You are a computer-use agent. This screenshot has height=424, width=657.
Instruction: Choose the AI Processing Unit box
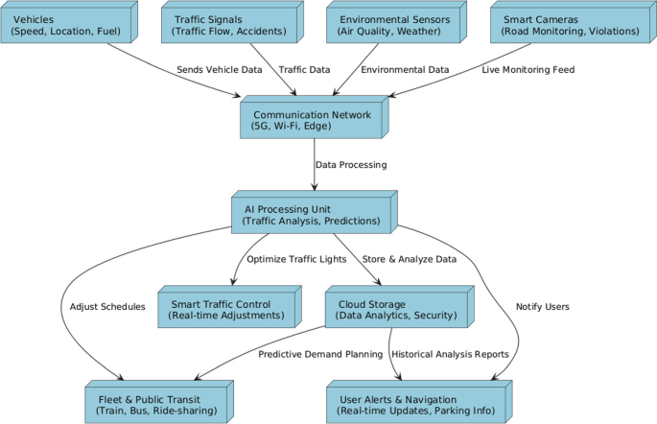[312, 215]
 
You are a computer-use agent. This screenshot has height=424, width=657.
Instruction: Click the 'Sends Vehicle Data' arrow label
[219, 70]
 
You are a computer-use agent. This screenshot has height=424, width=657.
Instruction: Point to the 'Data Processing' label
[351, 165]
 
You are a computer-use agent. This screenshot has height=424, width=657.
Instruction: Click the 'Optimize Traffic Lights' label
[295, 259]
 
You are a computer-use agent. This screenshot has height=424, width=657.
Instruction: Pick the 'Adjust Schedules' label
[107, 307]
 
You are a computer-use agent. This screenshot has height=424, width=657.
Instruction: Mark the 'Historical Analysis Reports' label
[451, 354]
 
